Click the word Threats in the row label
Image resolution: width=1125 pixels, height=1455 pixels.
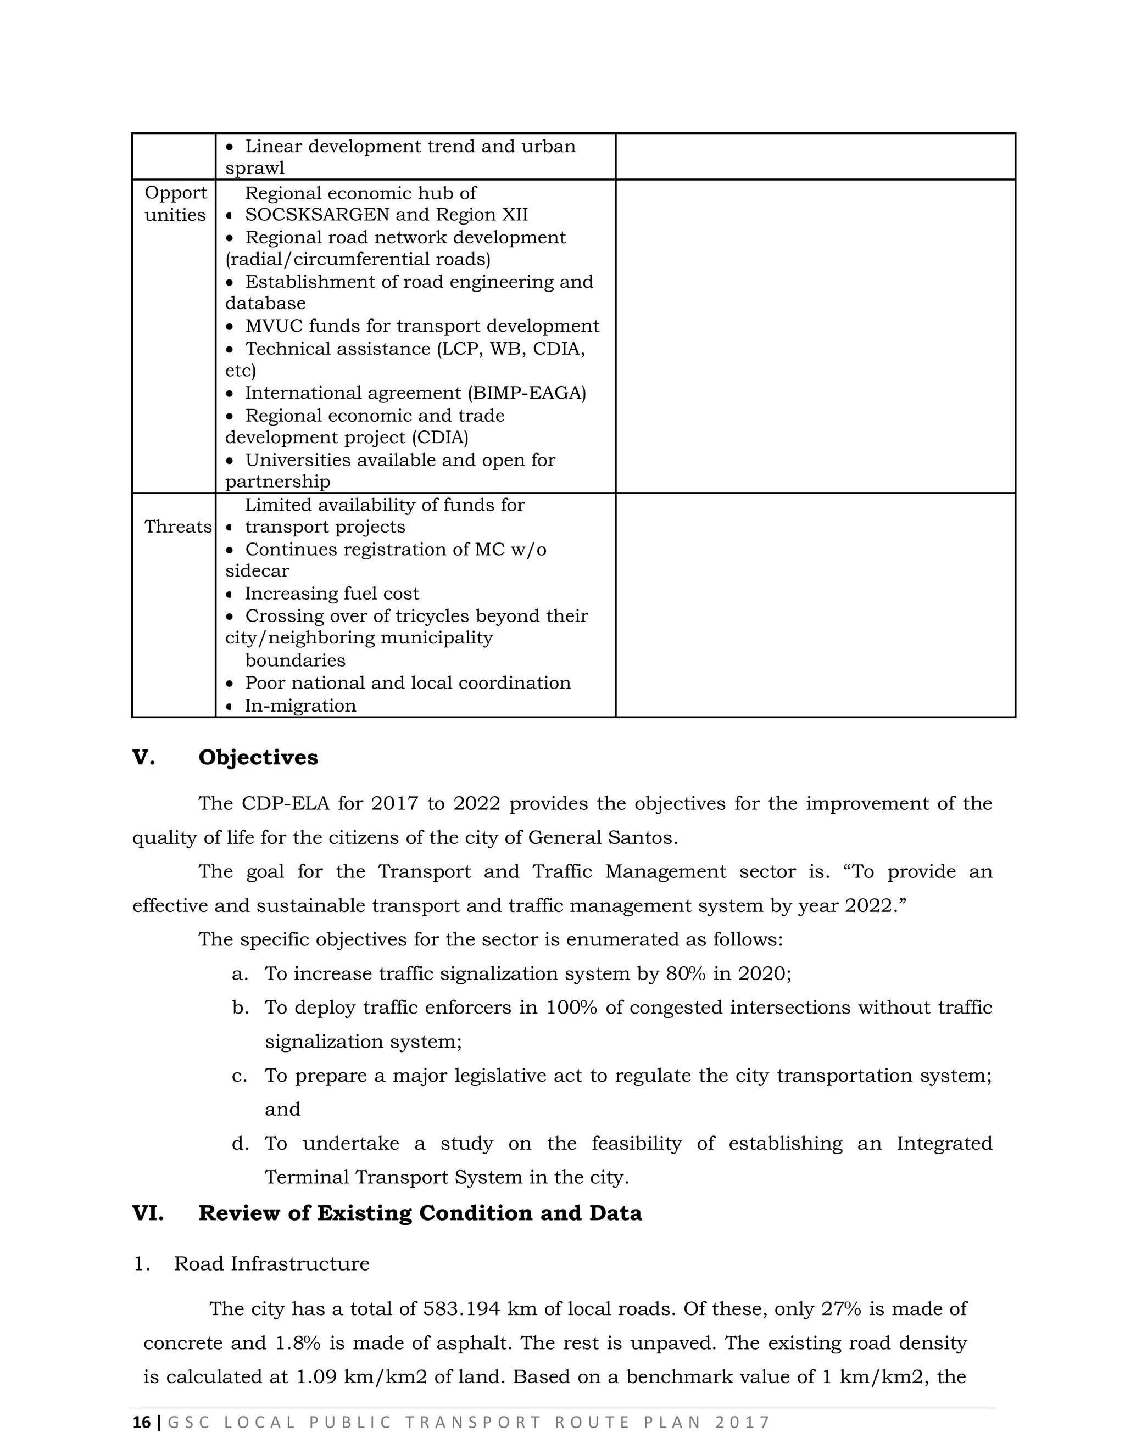tap(177, 527)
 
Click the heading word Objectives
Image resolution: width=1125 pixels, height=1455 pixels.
tap(258, 758)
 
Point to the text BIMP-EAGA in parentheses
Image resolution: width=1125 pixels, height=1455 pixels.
tap(526, 393)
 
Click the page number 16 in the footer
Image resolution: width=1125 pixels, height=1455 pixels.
tap(141, 1423)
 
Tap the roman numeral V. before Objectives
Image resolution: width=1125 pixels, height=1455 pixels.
tap(143, 758)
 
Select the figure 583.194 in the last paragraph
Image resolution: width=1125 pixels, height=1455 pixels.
tap(461, 1309)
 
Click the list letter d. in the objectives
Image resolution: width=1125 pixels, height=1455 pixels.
tap(240, 1144)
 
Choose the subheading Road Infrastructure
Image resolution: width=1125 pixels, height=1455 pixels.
tap(271, 1264)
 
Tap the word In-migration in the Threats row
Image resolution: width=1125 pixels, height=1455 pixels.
tap(300, 706)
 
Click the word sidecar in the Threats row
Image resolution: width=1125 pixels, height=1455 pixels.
tap(257, 571)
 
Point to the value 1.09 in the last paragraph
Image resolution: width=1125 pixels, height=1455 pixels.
tap(315, 1376)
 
